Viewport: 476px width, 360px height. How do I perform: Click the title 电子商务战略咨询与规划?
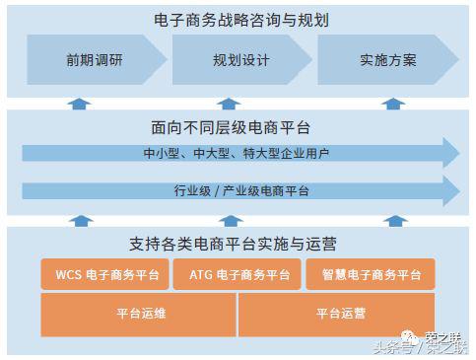(237, 20)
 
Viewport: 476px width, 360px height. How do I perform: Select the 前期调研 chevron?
(90, 60)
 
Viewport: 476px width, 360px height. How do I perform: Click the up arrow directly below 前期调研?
(82, 103)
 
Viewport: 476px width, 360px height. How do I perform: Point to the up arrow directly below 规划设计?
(230, 103)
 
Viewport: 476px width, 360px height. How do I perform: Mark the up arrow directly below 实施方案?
(394, 103)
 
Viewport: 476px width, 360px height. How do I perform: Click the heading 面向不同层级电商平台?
(237, 128)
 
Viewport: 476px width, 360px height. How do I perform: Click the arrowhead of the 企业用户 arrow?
(450, 153)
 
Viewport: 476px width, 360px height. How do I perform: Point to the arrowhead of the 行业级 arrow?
(450, 190)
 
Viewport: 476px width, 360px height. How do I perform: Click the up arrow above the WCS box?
(82, 221)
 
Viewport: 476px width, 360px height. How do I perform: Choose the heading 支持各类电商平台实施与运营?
(238, 243)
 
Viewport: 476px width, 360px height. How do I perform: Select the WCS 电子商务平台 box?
(104, 275)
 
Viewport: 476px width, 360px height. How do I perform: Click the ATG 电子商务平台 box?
(238, 275)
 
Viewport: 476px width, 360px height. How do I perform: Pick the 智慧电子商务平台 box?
(371, 275)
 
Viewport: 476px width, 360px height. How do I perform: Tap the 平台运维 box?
(138, 315)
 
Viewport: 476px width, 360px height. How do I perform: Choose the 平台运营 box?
(340, 315)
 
